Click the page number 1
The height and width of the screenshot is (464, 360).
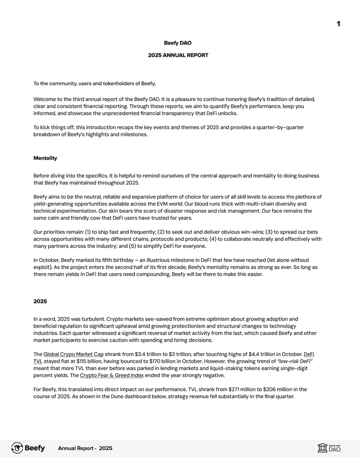click(338, 24)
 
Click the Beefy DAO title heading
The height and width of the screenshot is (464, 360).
click(177, 43)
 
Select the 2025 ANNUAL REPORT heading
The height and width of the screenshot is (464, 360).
click(178, 55)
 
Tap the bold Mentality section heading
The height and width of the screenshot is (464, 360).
click(45, 158)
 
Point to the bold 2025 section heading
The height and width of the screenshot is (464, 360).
click(40, 302)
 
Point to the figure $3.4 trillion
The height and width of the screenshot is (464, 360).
click(145, 354)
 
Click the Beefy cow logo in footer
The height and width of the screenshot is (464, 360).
click(17, 448)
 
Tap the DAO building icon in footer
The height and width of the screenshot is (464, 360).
click(322, 448)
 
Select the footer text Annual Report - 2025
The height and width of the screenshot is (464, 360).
click(85, 449)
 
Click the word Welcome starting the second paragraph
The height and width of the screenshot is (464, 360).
click(45, 99)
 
